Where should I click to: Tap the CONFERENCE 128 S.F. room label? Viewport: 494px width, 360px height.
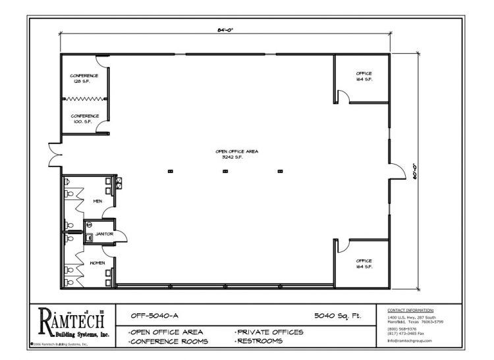click(x=85, y=78)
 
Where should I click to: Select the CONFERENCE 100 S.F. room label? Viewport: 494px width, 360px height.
click(x=85, y=118)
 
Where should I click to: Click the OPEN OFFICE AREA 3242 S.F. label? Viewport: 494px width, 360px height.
click(x=236, y=154)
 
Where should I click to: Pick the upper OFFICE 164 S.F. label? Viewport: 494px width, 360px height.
click(x=364, y=76)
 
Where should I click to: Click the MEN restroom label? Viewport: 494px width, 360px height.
click(x=97, y=201)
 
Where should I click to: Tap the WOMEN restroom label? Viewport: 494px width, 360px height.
click(x=97, y=263)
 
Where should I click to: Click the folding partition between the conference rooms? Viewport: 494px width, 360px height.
click(x=85, y=98)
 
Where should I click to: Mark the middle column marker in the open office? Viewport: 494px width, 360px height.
click(x=225, y=171)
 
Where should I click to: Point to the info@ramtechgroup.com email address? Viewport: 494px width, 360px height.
click(x=410, y=340)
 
